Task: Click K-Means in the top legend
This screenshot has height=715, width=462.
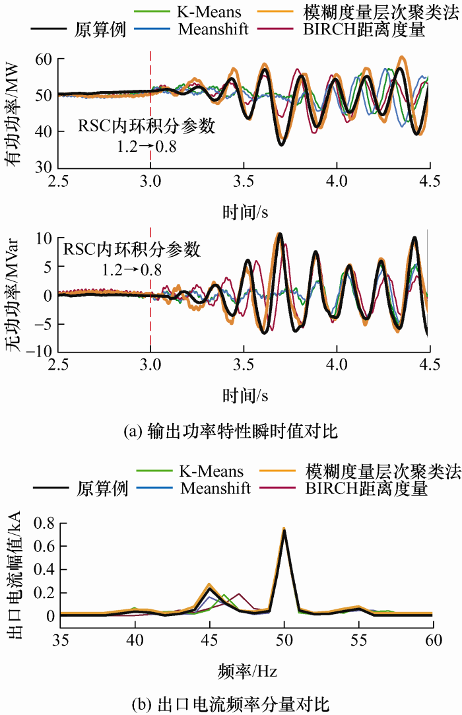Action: (x=207, y=11)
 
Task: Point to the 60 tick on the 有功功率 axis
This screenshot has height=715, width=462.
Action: (x=42, y=59)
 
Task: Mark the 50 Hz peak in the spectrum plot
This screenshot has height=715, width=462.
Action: (x=284, y=529)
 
